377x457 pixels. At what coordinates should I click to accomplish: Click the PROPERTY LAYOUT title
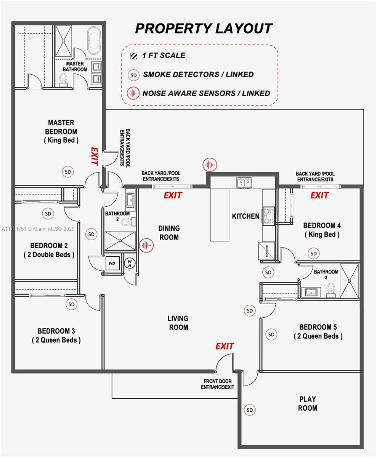click(x=204, y=29)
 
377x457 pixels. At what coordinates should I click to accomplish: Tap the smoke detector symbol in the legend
click(x=133, y=75)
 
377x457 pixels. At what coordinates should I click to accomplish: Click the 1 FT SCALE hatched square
click(x=133, y=56)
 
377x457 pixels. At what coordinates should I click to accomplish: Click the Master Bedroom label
click(x=61, y=131)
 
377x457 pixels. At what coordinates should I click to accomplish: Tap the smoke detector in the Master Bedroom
click(x=68, y=172)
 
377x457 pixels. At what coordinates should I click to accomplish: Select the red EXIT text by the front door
click(x=225, y=346)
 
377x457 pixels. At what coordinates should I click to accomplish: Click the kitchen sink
click(x=244, y=183)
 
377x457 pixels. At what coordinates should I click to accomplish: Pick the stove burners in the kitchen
click(x=268, y=216)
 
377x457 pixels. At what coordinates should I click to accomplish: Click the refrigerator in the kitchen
click(x=266, y=251)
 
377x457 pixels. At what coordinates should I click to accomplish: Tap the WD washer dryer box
click(x=112, y=263)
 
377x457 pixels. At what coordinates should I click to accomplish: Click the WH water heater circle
click(x=130, y=263)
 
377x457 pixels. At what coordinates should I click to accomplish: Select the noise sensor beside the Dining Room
click(x=146, y=246)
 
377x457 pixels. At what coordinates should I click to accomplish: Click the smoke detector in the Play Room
click(x=250, y=410)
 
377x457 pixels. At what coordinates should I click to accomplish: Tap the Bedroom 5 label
click(x=318, y=331)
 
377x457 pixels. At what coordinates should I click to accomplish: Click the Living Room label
click(x=178, y=323)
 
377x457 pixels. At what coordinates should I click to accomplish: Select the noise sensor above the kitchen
click(x=210, y=165)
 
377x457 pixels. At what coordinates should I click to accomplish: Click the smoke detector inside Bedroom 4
click(x=313, y=253)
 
